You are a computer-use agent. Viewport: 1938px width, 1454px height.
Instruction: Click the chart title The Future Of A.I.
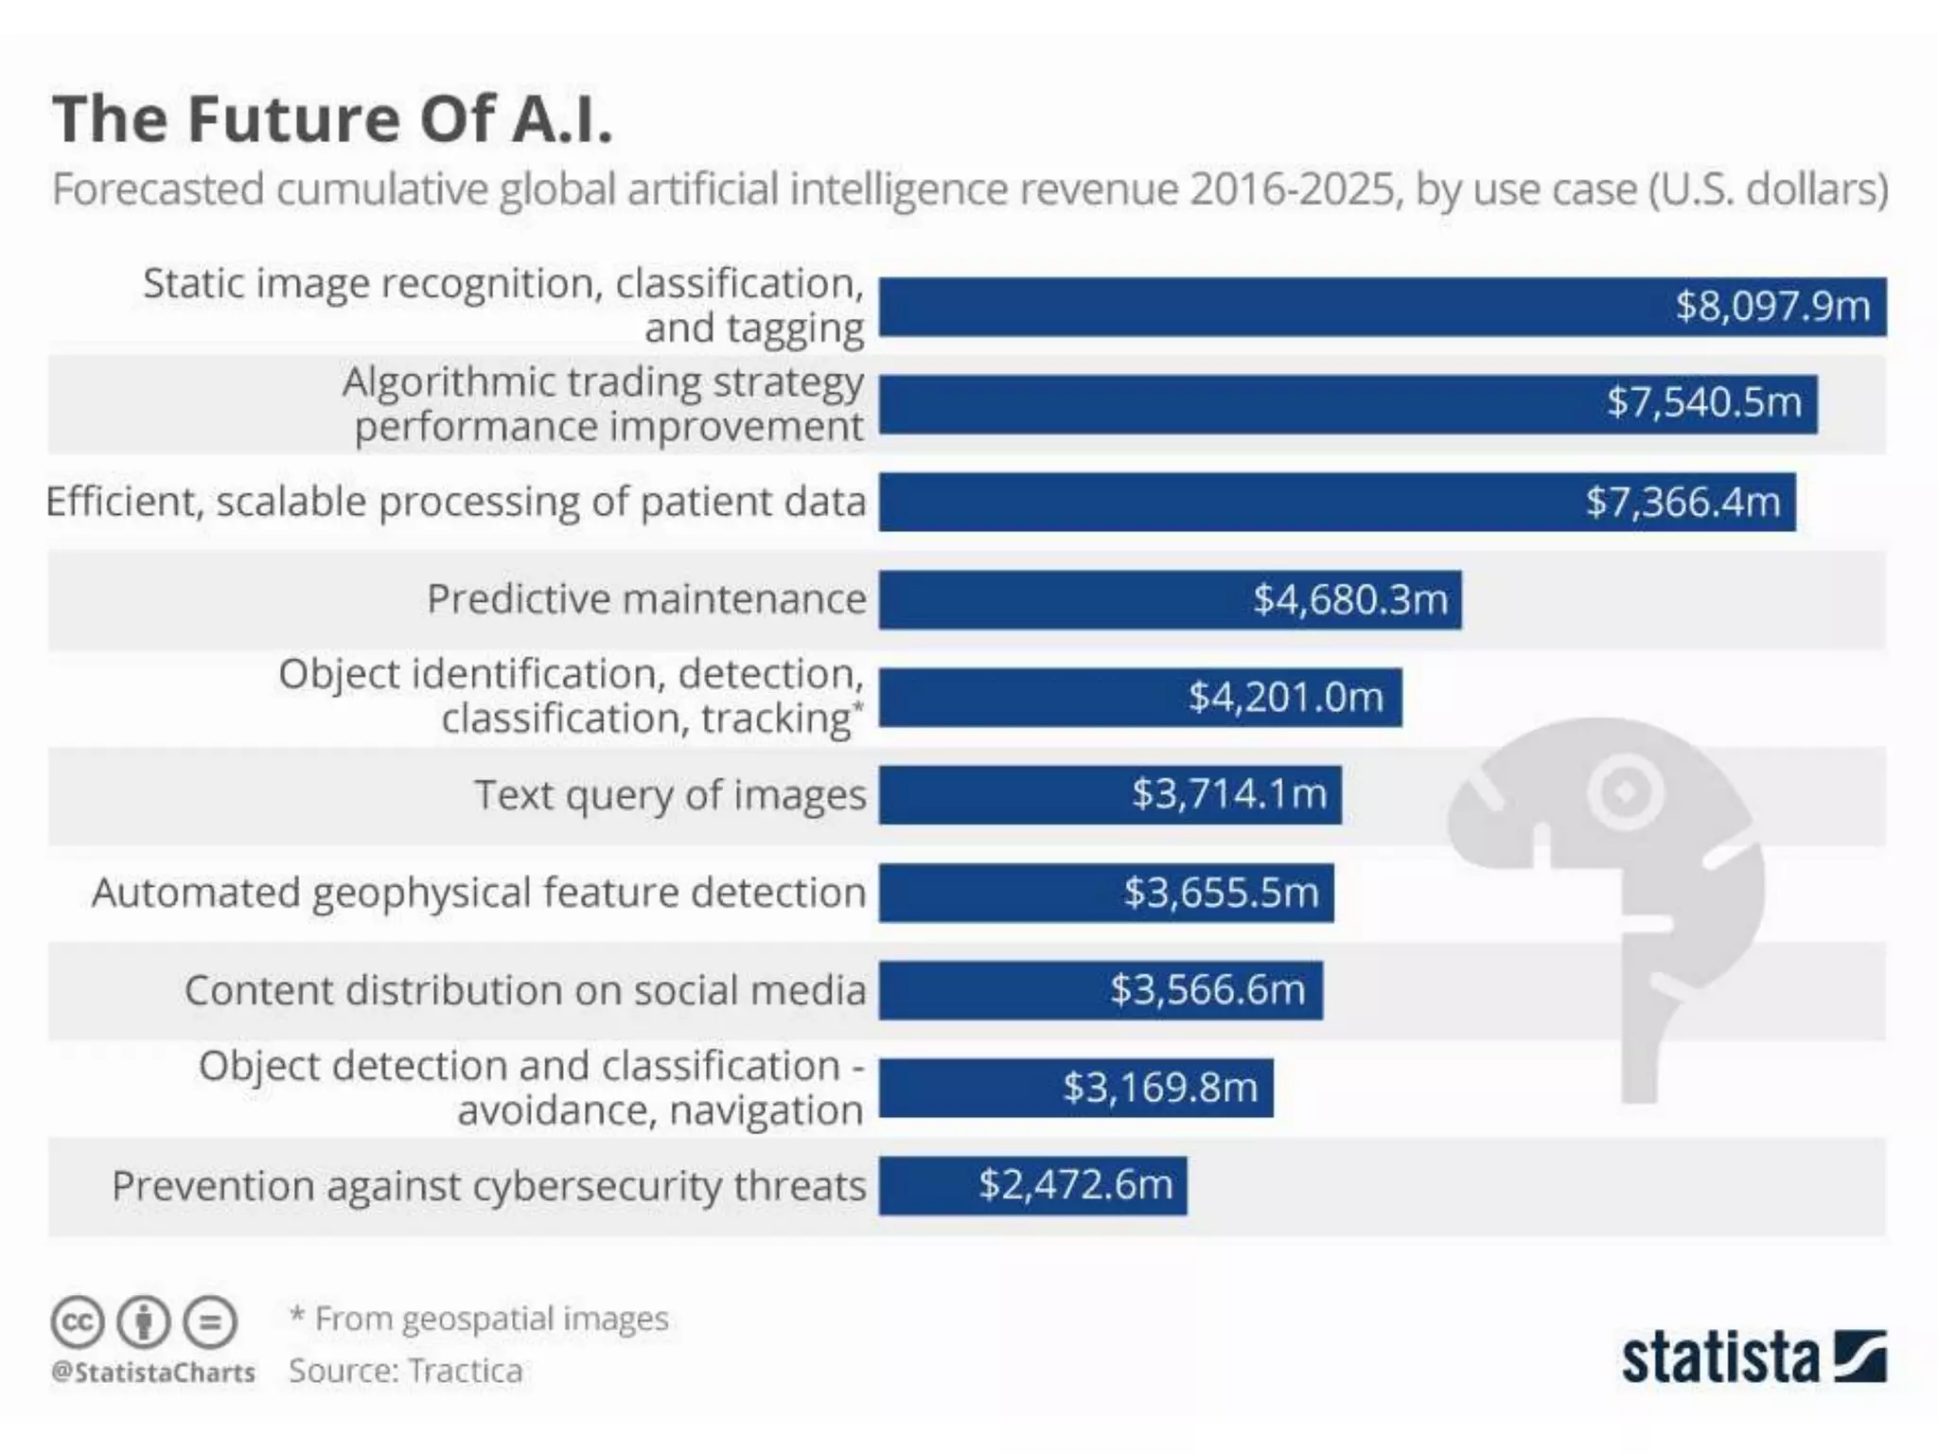pyautogui.click(x=332, y=119)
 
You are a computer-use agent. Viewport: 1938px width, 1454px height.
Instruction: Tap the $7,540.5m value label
pyautogui.click(x=1703, y=402)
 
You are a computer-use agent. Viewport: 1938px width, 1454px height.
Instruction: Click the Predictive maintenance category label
pyautogui.click(x=646, y=599)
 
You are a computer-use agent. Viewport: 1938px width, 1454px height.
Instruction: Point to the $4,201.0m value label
pyautogui.click(x=1286, y=697)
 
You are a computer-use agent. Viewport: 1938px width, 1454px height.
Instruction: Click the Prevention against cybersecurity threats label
pyautogui.click(x=488, y=1185)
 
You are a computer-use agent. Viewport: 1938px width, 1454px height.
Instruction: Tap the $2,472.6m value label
pyautogui.click(x=1076, y=1184)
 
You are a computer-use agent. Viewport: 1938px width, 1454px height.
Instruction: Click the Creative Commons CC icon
pyautogui.click(x=78, y=1321)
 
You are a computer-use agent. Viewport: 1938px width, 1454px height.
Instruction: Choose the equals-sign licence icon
pyautogui.click(x=209, y=1321)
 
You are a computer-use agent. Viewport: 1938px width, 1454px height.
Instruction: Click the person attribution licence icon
pyautogui.click(x=144, y=1321)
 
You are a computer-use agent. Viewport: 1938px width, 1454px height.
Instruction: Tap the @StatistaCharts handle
pyautogui.click(x=153, y=1372)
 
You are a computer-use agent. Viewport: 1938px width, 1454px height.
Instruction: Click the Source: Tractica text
pyautogui.click(x=405, y=1371)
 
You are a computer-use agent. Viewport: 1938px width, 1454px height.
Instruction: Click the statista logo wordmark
pyautogui.click(x=1720, y=1359)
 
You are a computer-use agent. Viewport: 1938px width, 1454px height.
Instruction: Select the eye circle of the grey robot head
pyautogui.click(x=1625, y=791)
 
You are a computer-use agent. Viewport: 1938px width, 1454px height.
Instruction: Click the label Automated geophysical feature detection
pyautogui.click(x=478, y=893)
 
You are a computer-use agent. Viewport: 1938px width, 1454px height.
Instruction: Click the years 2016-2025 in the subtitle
pyautogui.click(x=1292, y=189)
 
